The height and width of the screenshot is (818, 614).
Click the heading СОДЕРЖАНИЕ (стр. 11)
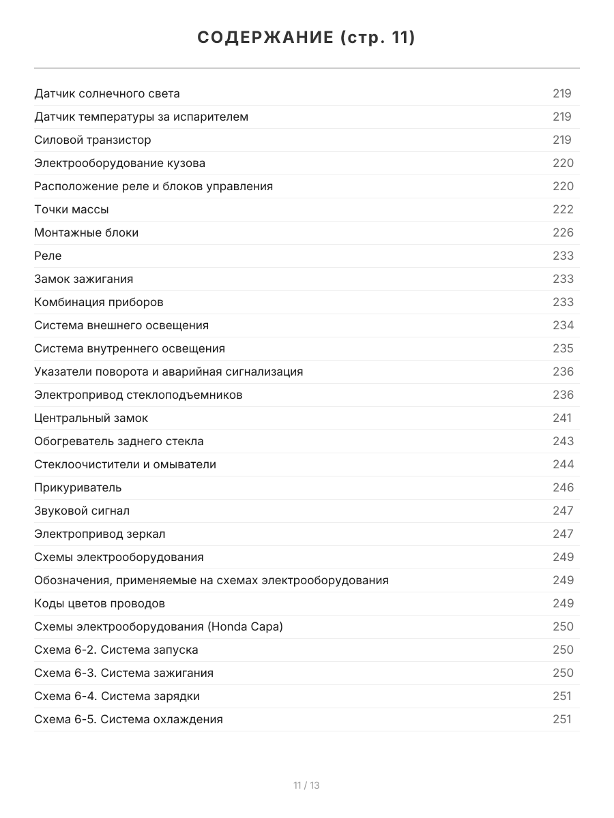pos(306,37)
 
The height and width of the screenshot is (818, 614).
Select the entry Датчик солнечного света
pos(107,93)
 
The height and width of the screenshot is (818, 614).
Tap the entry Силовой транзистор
pos(93,140)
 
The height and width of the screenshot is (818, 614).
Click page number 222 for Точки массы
pos(563,209)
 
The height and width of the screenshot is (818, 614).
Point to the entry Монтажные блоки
pos(87,232)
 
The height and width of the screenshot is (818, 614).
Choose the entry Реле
pos(48,256)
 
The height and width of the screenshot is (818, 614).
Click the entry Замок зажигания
pos(84,279)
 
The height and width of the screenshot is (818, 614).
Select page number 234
pos(563,325)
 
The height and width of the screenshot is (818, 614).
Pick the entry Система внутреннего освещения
pos(130,348)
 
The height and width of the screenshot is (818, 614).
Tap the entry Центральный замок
pos(91,418)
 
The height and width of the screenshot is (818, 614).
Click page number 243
pos(563,441)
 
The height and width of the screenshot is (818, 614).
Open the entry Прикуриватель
pos(78,487)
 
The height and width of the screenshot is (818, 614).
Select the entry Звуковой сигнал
pos(82,511)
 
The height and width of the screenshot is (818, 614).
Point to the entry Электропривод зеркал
pos(100,534)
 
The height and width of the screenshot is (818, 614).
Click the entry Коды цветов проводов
pos(100,603)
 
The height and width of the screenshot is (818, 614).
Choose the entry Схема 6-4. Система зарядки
pos(117,696)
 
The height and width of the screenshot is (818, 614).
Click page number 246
pos(563,487)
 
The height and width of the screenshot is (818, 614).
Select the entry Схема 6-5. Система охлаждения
pos(128,719)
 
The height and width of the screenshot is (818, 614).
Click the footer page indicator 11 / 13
pos(306,785)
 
